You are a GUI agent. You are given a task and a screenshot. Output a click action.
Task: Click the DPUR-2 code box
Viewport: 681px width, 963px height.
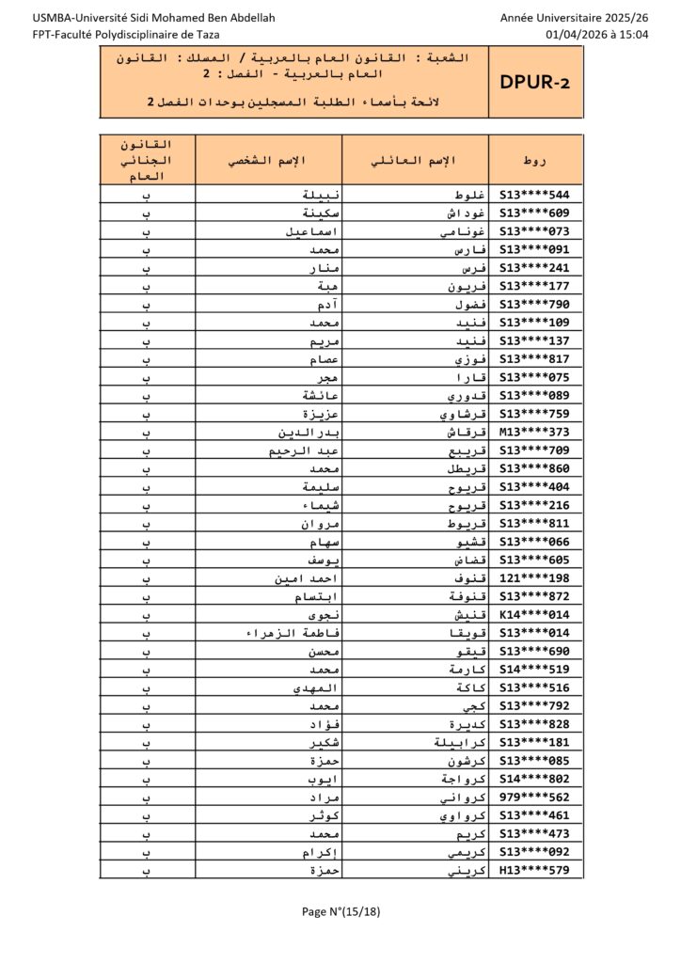pos(535,84)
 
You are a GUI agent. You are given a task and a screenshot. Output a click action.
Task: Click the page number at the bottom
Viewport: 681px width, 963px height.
pos(340,910)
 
